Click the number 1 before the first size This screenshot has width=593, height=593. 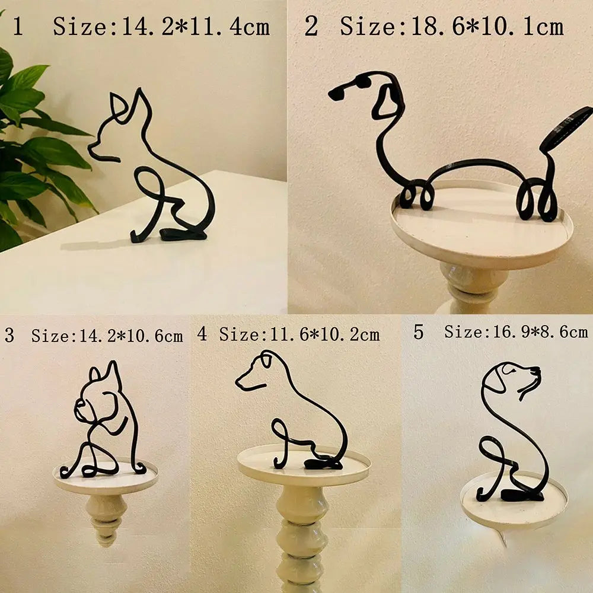click(x=18, y=27)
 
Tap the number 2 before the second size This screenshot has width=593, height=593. click(x=311, y=27)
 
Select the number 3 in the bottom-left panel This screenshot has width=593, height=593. click(x=9, y=336)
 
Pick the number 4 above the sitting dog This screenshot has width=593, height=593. click(x=203, y=334)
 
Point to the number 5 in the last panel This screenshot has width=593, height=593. click(x=419, y=332)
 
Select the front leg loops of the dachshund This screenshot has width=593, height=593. click(x=413, y=196)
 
